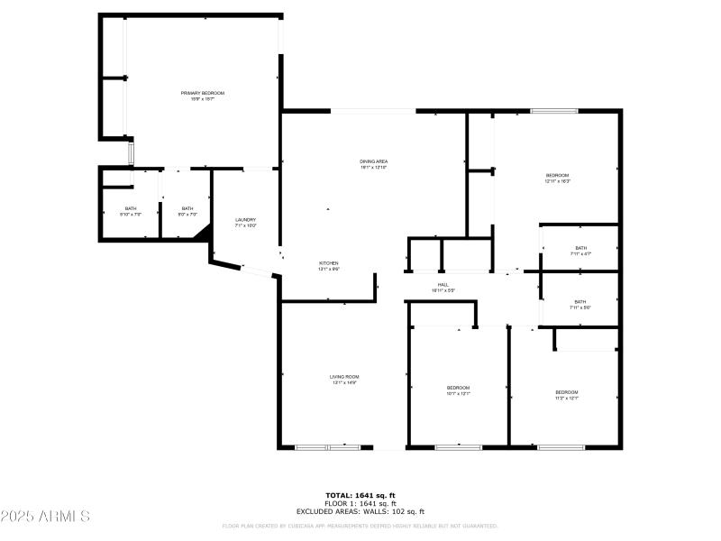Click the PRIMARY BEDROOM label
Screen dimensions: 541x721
[x=202, y=93]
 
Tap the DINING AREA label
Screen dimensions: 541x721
[x=373, y=161]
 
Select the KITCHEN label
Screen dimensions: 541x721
[x=328, y=263]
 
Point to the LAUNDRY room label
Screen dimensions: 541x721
[x=245, y=219]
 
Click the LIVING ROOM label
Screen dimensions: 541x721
[x=344, y=376]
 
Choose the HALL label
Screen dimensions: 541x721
[x=443, y=284]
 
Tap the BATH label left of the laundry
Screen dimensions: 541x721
[x=187, y=208]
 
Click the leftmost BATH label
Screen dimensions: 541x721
[x=132, y=208]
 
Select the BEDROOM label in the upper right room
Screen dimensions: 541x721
[x=557, y=175]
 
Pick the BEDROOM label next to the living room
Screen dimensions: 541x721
[x=459, y=388]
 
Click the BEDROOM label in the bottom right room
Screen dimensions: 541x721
[x=566, y=391]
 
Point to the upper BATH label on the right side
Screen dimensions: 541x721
[x=580, y=248]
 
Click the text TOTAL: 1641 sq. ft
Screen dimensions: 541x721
[x=360, y=495]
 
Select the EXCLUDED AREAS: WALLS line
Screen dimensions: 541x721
[x=360, y=511]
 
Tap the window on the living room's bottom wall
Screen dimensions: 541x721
[x=327, y=446]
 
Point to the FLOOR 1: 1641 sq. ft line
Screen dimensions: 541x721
[x=360, y=503]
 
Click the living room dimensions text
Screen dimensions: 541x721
[x=344, y=382]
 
